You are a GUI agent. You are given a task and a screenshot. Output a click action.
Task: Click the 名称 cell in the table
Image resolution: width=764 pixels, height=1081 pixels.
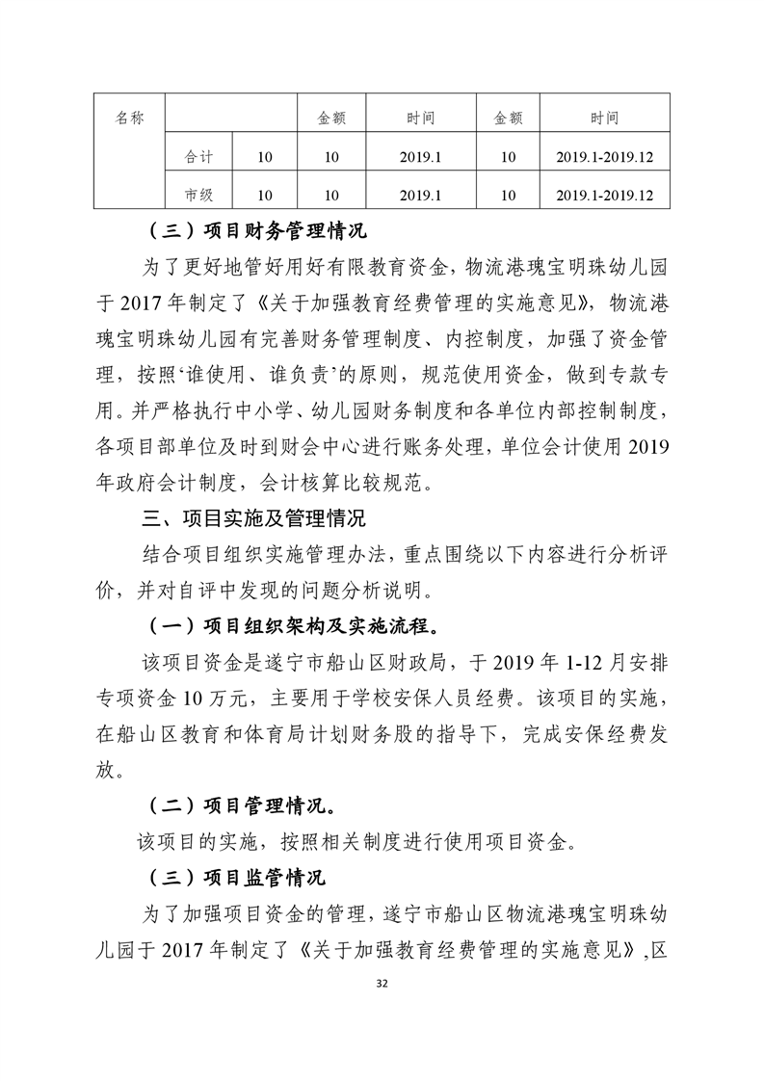coord(129,118)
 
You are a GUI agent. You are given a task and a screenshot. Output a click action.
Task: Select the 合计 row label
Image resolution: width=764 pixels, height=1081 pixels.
coord(198,156)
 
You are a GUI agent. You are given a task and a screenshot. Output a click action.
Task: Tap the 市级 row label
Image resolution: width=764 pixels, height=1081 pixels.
coord(198,195)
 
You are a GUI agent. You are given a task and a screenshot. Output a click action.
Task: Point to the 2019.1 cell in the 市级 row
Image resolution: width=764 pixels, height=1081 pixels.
coord(420,195)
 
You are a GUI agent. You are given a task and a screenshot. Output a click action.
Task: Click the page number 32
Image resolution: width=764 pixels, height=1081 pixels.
coord(382,984)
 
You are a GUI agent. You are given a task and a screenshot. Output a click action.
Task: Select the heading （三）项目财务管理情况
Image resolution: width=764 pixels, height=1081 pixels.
coord(254,232)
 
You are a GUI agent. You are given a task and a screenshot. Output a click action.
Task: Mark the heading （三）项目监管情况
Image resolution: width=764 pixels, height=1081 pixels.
coord(235,878)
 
